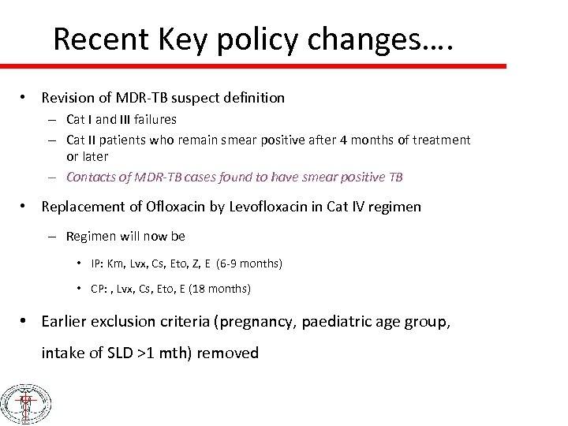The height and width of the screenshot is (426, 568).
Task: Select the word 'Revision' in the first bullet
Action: coord(68,98)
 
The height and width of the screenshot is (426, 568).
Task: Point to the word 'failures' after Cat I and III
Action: coord(154,120)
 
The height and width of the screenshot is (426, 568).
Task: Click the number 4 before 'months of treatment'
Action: coord(342,140)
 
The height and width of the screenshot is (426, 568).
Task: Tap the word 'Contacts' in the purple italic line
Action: coord(90,177)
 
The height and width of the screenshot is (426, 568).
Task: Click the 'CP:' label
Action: coord(100,289)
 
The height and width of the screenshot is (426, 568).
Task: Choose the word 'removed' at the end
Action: coord(227,353)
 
